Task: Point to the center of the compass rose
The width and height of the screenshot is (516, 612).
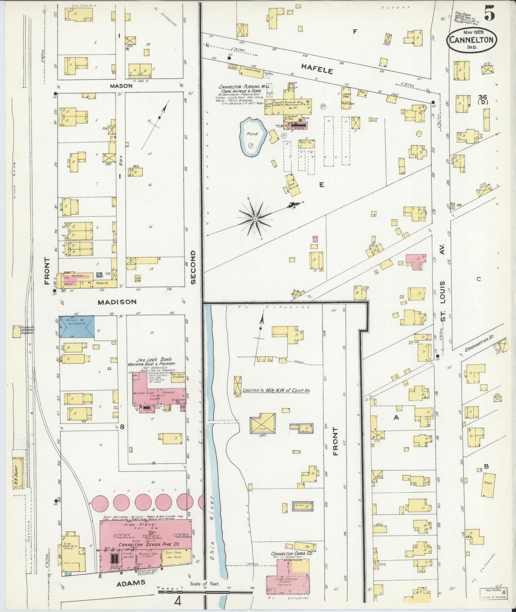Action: click(x=256, y=218)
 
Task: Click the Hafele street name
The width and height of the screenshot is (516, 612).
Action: click(x=317, y=68)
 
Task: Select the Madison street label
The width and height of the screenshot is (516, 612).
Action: click(x=117, y=302)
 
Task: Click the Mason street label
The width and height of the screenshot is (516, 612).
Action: click(x=121, y=86)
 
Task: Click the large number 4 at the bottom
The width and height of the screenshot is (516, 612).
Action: click(x=177, y=601)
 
